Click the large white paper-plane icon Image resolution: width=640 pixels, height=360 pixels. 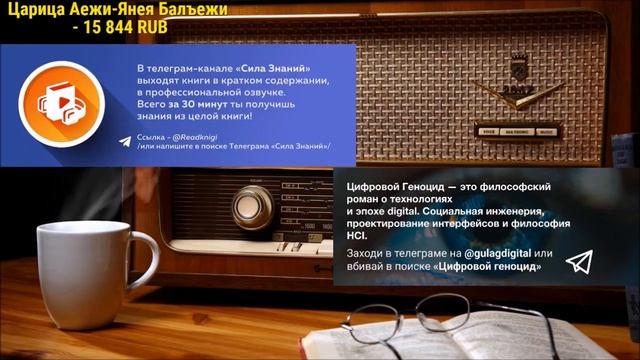click(579, 261)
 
